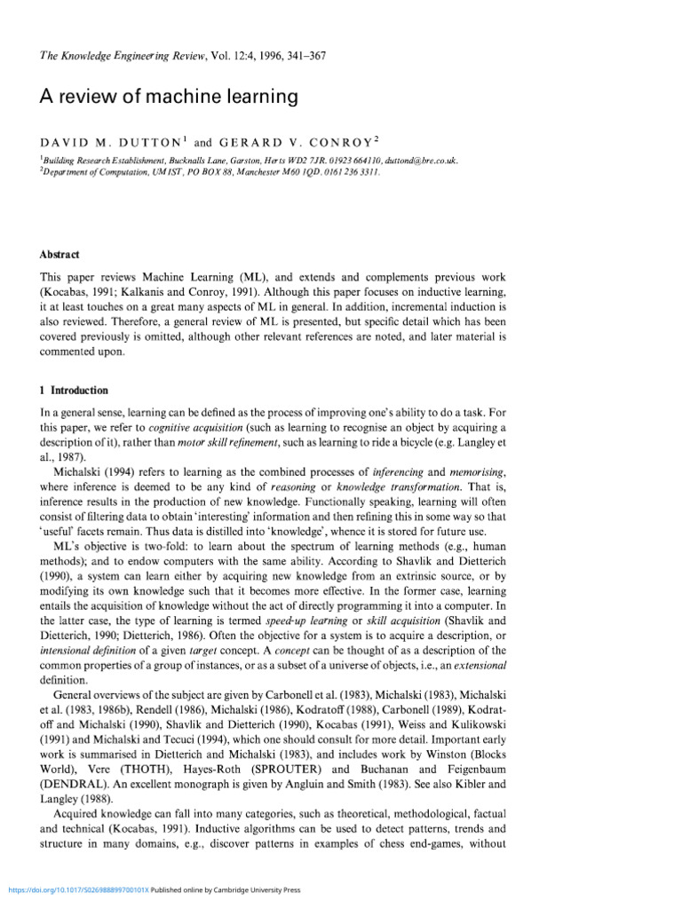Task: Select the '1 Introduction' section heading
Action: click(75, 390)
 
